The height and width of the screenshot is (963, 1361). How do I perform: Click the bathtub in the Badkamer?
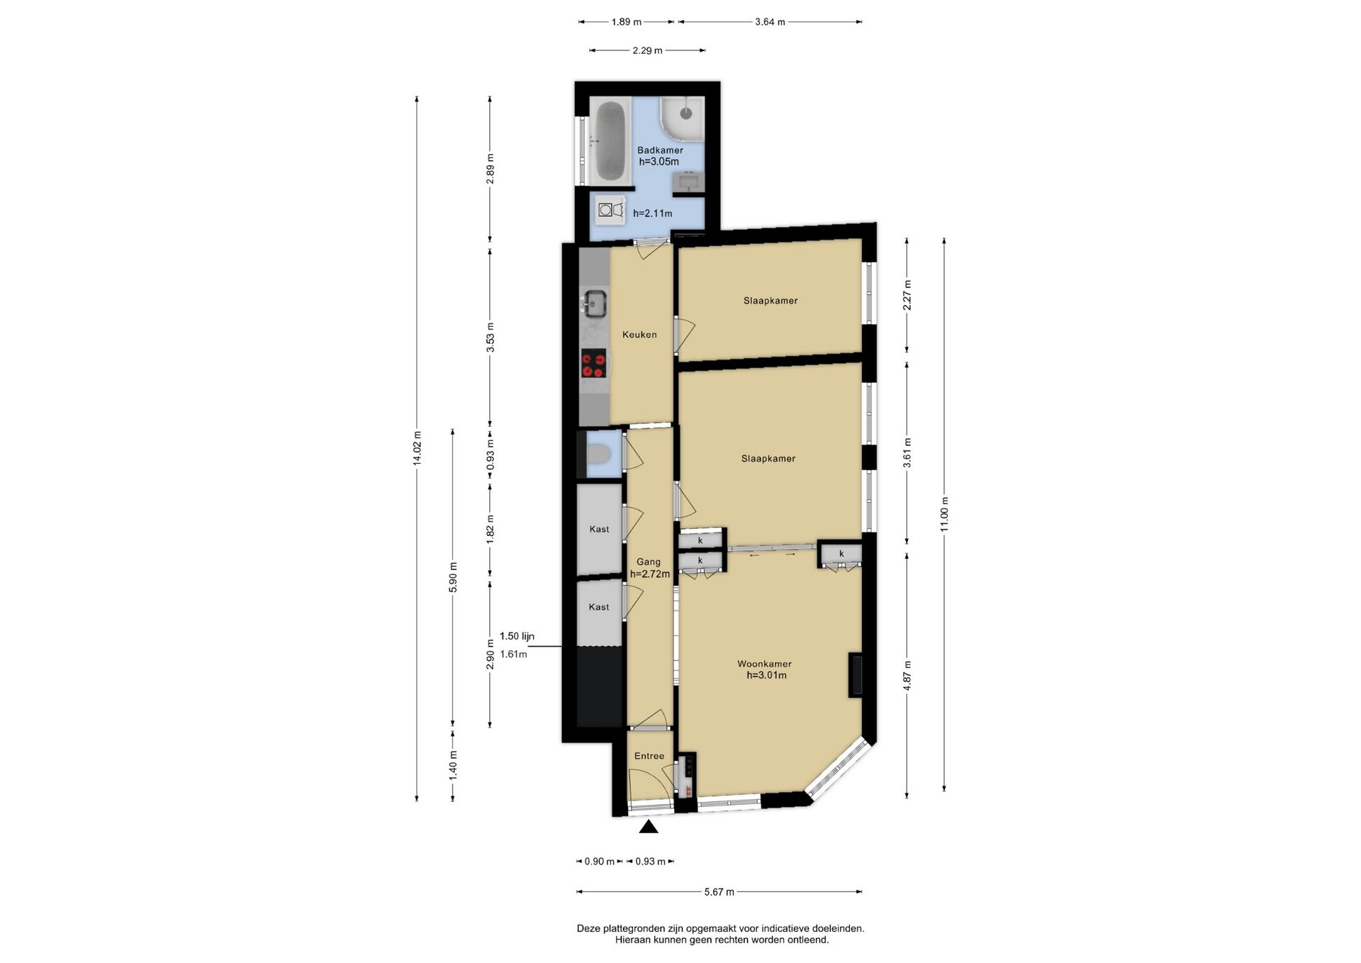pyautogui.click(x=610, y=141)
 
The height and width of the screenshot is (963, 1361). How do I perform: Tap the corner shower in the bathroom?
pyautogui.click(x=682, y=118)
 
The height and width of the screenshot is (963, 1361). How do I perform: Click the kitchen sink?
pyautogui.click(x=594, y=304)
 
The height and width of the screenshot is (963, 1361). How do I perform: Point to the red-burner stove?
pyautogui.click(x=594, y=364)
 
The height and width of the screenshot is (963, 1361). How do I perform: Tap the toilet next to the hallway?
pyautogui.click(x=598, y=453)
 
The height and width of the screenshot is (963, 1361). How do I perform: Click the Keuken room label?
pyautogui.click(x=639, y=335)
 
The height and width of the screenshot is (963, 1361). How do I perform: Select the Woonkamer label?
pyautogui.click(x=764, y=664)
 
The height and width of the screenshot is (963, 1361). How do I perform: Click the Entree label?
pyautogui.click(x=649, y=756)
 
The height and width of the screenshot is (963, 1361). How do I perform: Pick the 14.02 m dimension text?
pyautogui.click(x=417, y=448)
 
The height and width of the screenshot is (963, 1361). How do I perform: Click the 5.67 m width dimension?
pyautogui.click(x=719, y=892)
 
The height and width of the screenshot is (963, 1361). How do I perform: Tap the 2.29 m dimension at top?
pyautogui.click(x=647, y=50)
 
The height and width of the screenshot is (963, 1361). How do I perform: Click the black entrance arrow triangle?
pyautogui.click(x=649, y=827)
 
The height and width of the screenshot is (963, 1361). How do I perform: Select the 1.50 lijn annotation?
pyautogui.click(x=517, y=636)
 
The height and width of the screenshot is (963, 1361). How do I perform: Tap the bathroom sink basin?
pyautogui.click(x=688, y=182)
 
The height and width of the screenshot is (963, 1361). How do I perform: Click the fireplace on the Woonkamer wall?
pyautogui.click(x=856, y=674)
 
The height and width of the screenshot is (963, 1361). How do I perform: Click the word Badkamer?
pyautogui.click(x=660, y=150)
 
